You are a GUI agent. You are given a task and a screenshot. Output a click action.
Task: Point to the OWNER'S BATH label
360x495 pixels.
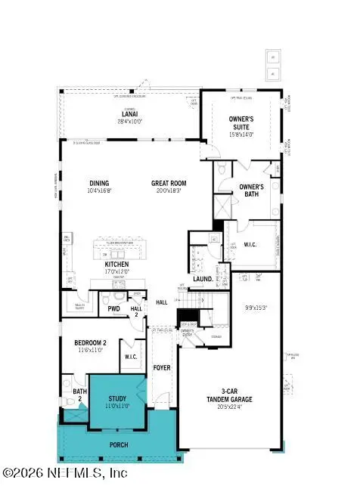251,190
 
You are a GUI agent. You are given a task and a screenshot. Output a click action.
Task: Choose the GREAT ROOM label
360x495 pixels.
168,183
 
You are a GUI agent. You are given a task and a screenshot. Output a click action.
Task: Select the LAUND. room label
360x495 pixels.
203,279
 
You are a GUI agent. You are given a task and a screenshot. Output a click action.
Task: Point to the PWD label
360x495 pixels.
114,308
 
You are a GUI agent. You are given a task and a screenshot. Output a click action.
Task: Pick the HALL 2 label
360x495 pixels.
136,311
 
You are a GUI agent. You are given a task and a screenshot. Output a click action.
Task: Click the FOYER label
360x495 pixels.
162,368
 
